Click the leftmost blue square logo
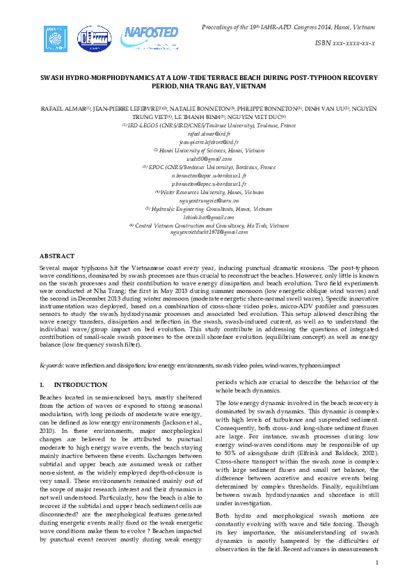(56, 38)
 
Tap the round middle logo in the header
(93, 39)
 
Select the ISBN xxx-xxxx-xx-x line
(345, 43)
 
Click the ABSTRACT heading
(56, 257)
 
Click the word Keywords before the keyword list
(53, 365)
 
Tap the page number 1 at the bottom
(376, 562)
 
